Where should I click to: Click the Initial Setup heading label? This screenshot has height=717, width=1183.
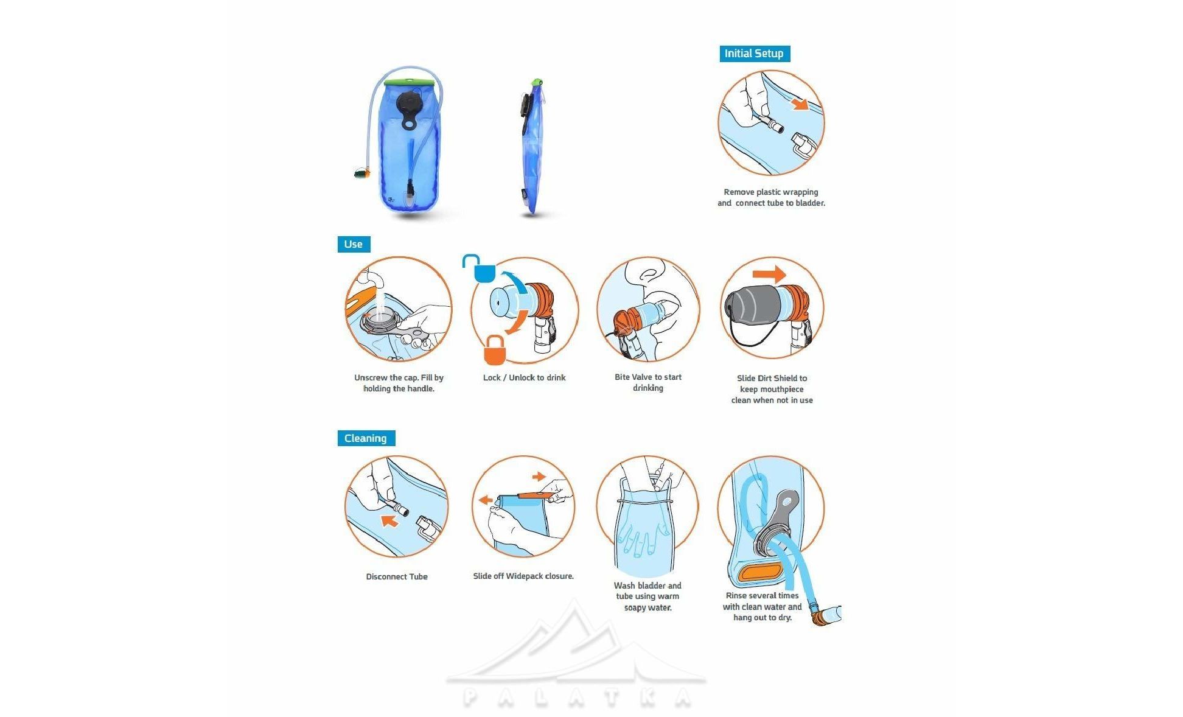(755, 54)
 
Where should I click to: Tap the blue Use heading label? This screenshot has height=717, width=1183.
(354, 244)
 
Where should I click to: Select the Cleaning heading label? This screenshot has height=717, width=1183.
(366, 438)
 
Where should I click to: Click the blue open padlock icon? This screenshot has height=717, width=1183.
(480, 268)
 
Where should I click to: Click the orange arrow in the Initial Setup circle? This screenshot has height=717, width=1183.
(800, 104)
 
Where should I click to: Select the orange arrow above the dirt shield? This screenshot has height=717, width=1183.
(770, 275)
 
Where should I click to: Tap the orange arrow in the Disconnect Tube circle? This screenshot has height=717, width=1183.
(389, 520)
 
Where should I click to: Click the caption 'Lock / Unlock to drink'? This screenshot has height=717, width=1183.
(524, 377)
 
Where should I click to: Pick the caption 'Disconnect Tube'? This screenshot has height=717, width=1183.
(397, 576)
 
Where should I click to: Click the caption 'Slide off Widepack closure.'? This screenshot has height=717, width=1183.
(523, 576)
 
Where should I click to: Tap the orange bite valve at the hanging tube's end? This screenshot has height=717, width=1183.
(822, 616)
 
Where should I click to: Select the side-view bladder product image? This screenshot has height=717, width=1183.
(532, 147)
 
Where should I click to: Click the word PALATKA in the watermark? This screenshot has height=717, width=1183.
(576, 698)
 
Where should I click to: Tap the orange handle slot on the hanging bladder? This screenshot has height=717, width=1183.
(759, 573)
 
